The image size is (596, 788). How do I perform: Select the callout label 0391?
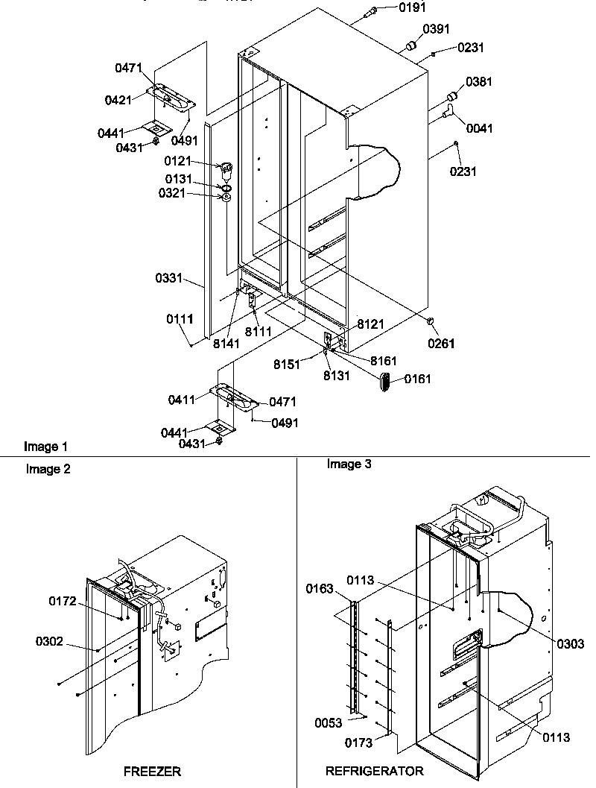[x=437, y=29]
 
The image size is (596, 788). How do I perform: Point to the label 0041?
[x=480, y=129]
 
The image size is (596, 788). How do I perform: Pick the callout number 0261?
[x=441, y=344]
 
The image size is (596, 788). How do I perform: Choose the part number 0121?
[x=179, y=161]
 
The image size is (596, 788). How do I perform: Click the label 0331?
[x=169, y=278]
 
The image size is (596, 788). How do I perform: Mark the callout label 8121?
[x=370, y=324]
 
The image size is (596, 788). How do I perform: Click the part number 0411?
[x=181, y=400]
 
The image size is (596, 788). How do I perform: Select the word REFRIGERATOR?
[x=375, y=771]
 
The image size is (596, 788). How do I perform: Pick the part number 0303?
[x=568, y=643]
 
